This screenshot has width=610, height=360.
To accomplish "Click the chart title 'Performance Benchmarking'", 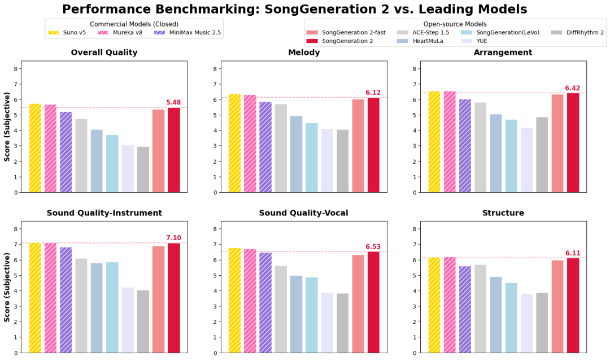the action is pos(161,9).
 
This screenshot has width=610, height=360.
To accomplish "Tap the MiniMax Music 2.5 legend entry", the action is pos(188,33).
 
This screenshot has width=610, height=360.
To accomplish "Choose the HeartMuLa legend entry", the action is pos(420,41).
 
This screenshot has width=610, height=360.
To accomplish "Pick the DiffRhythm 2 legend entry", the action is pos(577,33).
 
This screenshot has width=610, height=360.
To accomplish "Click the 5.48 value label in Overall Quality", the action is pos(173,102).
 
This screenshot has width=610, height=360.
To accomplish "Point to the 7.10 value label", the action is pos(173,238).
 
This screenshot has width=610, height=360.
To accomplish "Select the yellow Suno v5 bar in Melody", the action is pos(234,143).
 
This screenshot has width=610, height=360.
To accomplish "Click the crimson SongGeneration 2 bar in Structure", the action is pos(573,306).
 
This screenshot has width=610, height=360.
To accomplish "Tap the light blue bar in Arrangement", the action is pos(511,156).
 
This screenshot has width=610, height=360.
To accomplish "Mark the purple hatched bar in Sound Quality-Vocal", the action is pos(265,303).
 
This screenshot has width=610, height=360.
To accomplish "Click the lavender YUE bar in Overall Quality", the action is pos(128,169).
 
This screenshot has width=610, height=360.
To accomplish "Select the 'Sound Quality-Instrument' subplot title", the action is pos(104,213).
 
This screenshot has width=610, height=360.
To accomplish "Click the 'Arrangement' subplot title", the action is pos(503,52).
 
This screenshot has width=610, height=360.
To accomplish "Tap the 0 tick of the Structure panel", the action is pos(415,353).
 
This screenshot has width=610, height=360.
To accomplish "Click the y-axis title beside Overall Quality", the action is pos(7,127).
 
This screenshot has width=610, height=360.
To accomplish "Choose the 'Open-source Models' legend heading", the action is pos(455,24).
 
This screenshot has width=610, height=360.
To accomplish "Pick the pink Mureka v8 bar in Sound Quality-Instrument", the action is pos(51,298).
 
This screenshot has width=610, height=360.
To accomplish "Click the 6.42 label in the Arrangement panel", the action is pos(573,88).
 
